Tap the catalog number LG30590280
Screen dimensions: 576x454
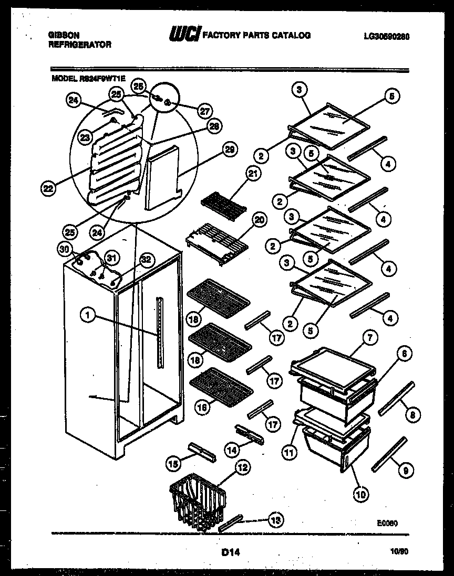[386, 36]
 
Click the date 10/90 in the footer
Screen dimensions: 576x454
[400, 552]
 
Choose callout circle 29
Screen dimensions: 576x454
[229, 150]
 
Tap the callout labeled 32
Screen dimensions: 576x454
[147, 259]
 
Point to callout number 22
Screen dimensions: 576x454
[49, 189]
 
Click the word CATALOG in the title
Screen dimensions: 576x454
[291, 36]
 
